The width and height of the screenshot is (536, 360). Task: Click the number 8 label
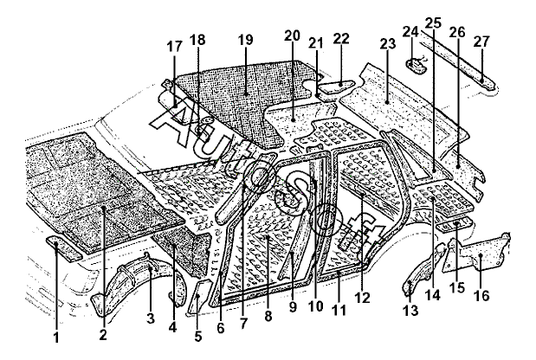tap(268, 318)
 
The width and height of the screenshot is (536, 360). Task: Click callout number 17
tap(174, 47)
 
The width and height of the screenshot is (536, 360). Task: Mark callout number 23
tap(387, 42)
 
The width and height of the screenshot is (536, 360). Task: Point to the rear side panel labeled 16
tap(483, 252)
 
